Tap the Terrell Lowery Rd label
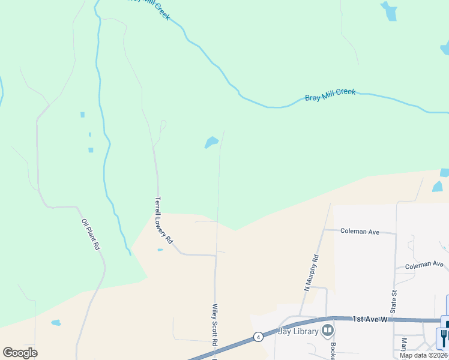pos(164,220)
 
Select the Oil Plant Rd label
pos(91,235)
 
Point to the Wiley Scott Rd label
pos(214,325)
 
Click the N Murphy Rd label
pos(312,273)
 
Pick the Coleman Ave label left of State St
pos(360,231)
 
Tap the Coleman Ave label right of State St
pos(424,265)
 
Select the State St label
pos(394,301)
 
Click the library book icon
pos(327,330)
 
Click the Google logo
pos(20,352)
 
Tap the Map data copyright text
pos(424,355)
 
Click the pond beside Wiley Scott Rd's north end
pos(211,142)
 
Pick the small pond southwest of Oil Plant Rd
pos(56,323)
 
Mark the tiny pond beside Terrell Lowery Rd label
pos(160,250)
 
